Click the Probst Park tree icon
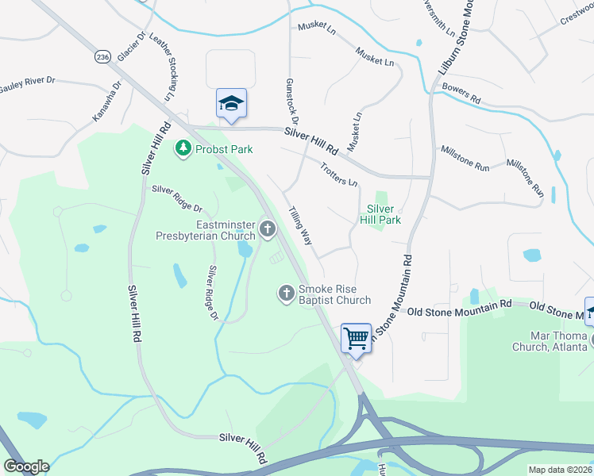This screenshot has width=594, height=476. (184, 148)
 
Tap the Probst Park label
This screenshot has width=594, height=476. (219, 148)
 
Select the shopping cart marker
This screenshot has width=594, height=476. (357, 339)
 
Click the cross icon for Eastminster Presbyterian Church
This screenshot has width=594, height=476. (268, 230)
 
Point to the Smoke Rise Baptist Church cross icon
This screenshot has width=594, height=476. (287, 294)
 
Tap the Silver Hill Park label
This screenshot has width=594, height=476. (380, 213)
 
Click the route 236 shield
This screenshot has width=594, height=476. (102, 57)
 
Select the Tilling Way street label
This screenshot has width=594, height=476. (300, 225)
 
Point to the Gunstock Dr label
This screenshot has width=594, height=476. (291, 102)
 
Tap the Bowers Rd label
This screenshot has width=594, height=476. (462, 94)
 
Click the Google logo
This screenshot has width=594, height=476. (26, 466)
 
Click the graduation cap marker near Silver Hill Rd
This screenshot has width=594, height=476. (231, 104)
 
